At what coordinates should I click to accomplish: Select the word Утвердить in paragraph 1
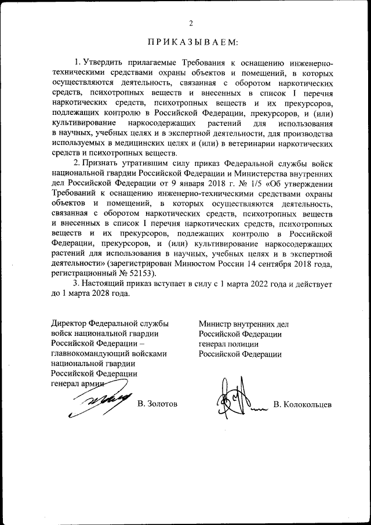[x=103, y=62]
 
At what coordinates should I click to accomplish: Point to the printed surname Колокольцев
[x=307, y=404]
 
